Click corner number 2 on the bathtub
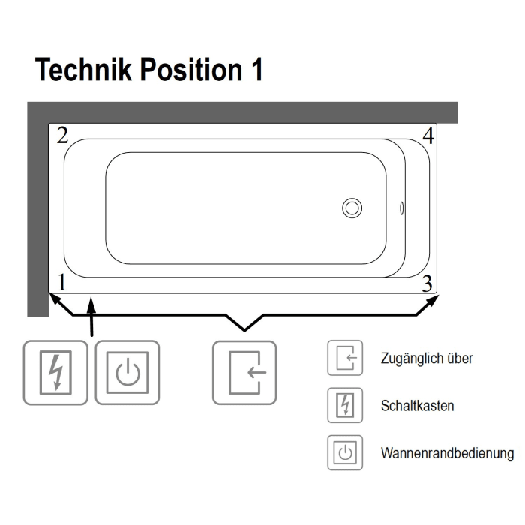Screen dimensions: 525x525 pos(63,136)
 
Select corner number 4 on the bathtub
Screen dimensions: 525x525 pos(427,136)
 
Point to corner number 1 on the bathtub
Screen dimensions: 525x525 pos(63,283)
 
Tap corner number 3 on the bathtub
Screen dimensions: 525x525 pos(427,283)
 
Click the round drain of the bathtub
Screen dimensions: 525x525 pos(352,208)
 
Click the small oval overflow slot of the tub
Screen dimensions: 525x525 pos(402,208)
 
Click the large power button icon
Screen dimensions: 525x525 pos(127,373)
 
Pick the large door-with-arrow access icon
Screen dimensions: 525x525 pos(244,373)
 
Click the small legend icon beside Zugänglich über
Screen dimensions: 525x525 pos(344,358)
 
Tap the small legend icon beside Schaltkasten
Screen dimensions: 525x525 pos(344,405)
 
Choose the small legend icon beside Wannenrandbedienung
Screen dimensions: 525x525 pos(344,452)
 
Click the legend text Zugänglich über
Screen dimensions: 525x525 pos(427,358)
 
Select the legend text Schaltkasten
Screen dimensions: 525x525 pos(417,406)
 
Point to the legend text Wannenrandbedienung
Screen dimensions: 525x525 pos(447,453)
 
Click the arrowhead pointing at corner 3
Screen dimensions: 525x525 pos(434,301)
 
